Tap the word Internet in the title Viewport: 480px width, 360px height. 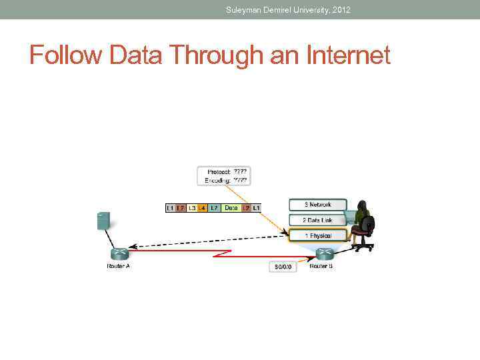pos(349,55)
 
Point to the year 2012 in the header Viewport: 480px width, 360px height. pos(341,9)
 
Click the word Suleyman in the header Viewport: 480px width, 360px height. pos(245,9)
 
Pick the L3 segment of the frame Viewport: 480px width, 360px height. pos(192,208)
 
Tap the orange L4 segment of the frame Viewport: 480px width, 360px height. pos(202,208)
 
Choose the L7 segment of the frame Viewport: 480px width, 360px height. pos(214,208)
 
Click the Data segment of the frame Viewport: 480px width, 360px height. pos(231,208)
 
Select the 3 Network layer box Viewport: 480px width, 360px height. pos(318,205)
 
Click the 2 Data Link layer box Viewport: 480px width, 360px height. pos(318,220)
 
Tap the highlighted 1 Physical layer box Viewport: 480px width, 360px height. pos(318,235)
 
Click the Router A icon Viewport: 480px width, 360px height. pos(119,254)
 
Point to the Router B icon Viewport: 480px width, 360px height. pos(324,254)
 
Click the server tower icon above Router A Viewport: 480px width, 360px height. pos(103,221)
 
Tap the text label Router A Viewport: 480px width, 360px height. pos(119,267)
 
